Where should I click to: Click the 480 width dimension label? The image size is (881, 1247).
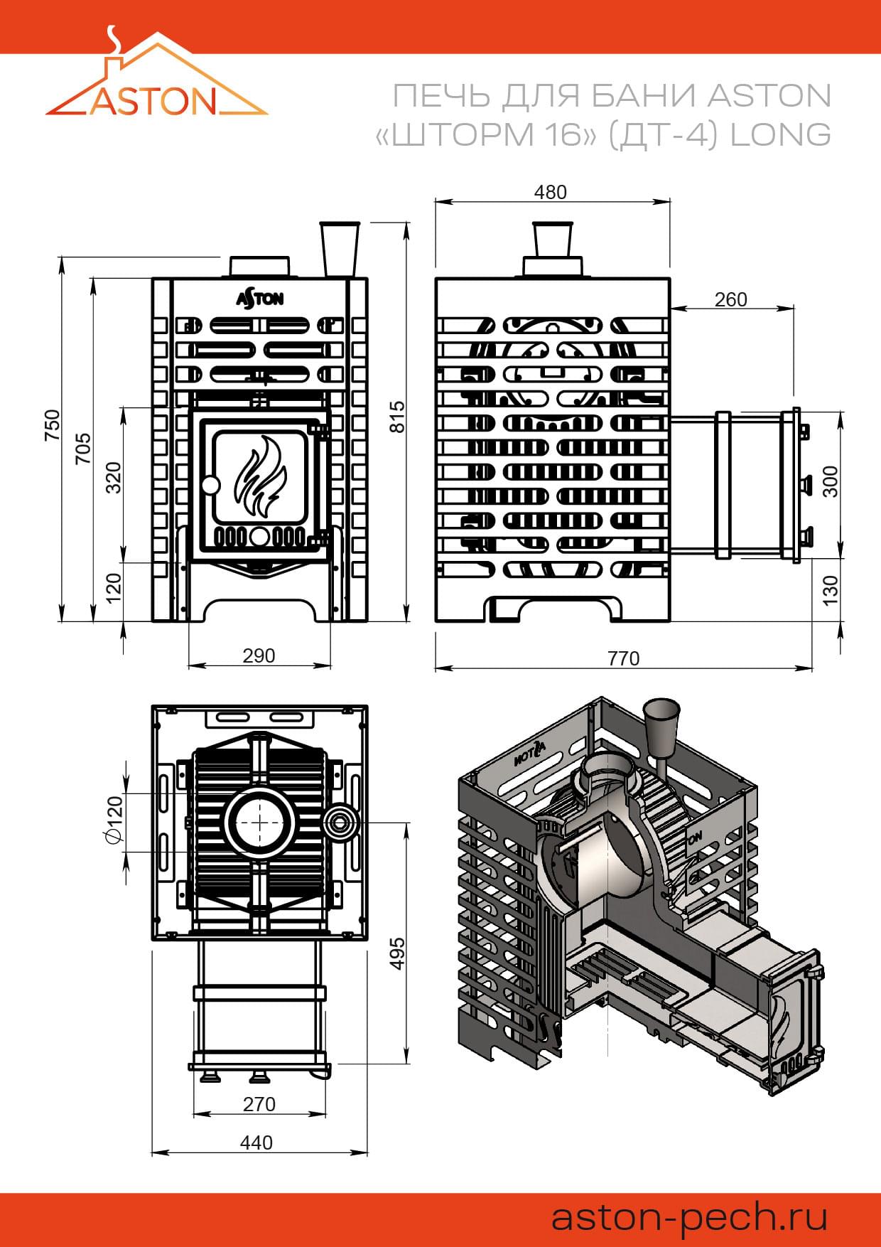[x=551, y=192]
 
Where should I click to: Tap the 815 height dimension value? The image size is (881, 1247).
[x=398, y=417]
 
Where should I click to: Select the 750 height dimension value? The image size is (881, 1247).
[x=53, y=425]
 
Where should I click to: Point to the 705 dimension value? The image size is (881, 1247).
[x=83, y=449]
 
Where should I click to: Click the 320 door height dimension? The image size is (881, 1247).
[x=114, y=478]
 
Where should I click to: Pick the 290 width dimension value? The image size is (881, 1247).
[x=259, y=655]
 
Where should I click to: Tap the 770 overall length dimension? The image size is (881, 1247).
[x=623, y=658]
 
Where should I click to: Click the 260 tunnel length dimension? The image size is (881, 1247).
[x=730, y=299]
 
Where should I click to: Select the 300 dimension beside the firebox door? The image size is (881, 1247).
[x=830, y=481]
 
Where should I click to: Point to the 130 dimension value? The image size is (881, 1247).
[x=830, y=591]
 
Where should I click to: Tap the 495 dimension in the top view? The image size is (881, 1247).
[x=398, y=953]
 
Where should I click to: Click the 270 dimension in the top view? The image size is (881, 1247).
[x=259, y=1104]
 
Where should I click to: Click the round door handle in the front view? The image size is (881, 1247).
[x=210, y=486]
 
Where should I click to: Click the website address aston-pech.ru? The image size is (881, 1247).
[x=689, y=1216]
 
